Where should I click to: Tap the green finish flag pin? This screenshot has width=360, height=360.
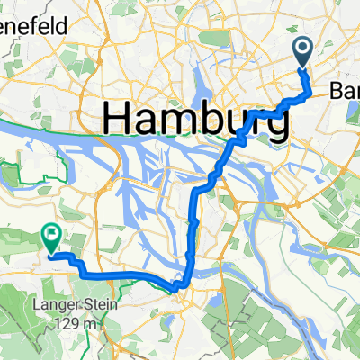tap(51, 238)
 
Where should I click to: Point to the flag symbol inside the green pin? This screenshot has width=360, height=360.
tap(51, 235)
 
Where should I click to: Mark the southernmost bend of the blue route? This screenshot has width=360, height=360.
tap(181, 286)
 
